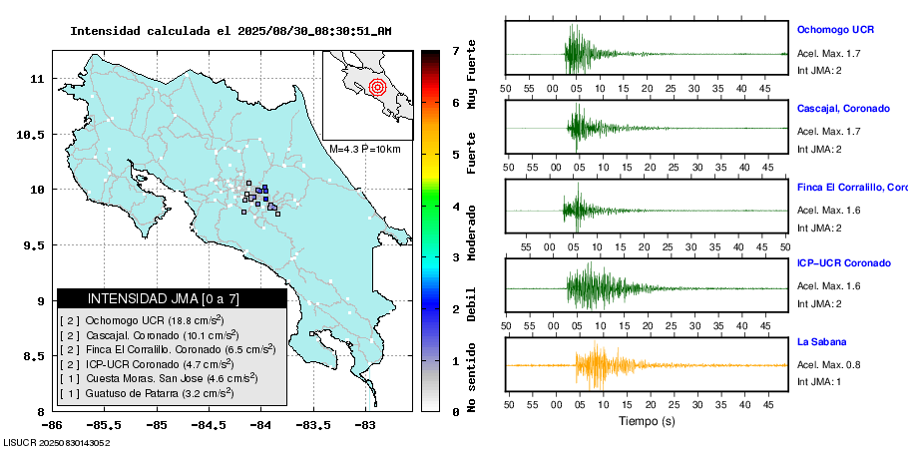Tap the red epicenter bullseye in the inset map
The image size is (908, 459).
(376, 87)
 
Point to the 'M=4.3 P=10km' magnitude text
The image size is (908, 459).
(364, 149)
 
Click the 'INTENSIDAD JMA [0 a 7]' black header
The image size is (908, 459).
(172, 298)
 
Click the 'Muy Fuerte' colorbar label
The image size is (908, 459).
(471, 75)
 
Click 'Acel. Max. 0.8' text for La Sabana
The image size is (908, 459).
(828, 364)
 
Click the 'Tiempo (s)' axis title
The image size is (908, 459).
(647, 421)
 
